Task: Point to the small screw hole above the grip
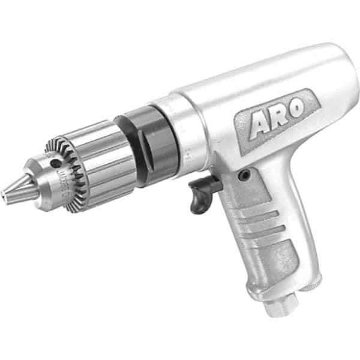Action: point(244,175)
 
